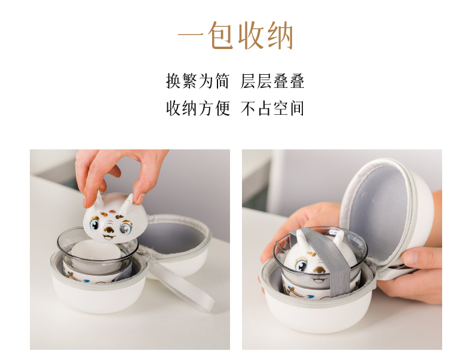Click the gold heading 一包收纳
(x=235, y=35)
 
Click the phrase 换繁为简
(x=198, y=81)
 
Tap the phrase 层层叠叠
(x=272, y=81)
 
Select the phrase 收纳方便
(x=198, y=108)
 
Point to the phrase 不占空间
(x=272, y=108)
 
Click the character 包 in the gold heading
(x=220, y=35)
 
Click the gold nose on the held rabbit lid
(x=109, y=230)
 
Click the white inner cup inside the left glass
(x=96, y=254)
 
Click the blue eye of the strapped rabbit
(x=301, y=266)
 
